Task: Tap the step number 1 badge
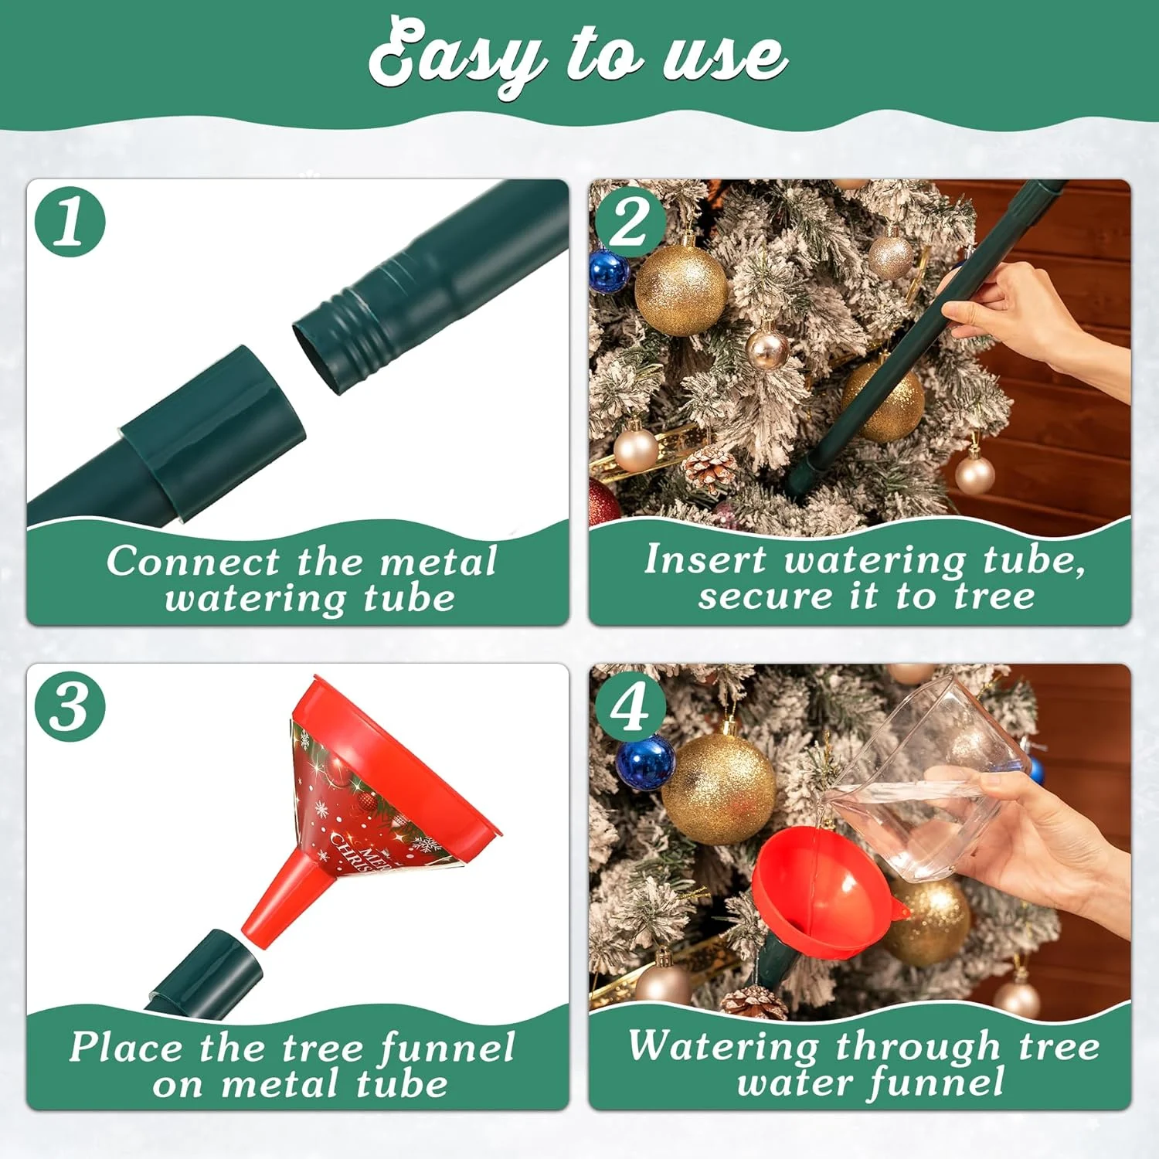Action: click(x=70, y=222)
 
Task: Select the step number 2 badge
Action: click(x=630, y=222)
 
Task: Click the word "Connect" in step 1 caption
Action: click(x=193, y=562)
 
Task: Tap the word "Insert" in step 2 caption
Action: click(x=705, y=560)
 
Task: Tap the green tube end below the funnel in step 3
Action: click(x=209, y=966)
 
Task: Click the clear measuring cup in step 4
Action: click(x=927, y=780)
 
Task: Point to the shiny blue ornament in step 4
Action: click(x=645, y=761)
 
